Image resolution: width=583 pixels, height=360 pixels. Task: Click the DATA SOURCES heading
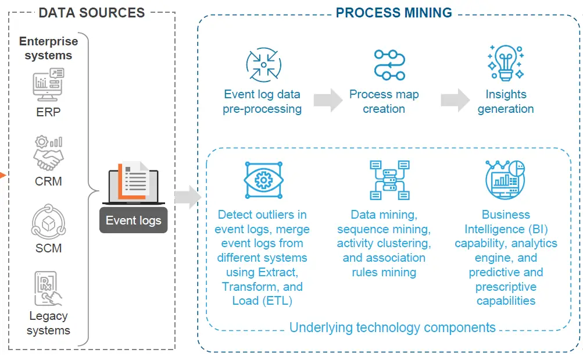click(91, 12)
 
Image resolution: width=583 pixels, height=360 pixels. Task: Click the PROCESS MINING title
click(394, 12)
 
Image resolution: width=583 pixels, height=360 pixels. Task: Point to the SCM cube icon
click(48, 222)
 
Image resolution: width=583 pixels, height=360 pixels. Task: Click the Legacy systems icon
click(48, 288)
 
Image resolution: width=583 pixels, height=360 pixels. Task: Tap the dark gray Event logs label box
click(133, 220)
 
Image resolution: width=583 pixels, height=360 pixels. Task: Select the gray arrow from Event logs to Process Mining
click(187, 197)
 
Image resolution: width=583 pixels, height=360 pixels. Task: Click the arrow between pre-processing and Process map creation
click(328, 100)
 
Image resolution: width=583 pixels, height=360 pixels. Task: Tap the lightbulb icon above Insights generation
click(505, 63)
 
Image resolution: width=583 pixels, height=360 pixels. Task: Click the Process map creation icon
click(389, 64)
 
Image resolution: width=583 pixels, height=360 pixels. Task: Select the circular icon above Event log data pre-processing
click(263, 65)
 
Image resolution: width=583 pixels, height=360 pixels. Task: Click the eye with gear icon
click(263, 180)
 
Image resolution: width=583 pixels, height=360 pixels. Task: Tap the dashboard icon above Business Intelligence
click(505, 180)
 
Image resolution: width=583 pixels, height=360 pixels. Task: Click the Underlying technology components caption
click(392, 327)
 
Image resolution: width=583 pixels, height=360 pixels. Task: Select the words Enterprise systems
click(48, 48)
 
